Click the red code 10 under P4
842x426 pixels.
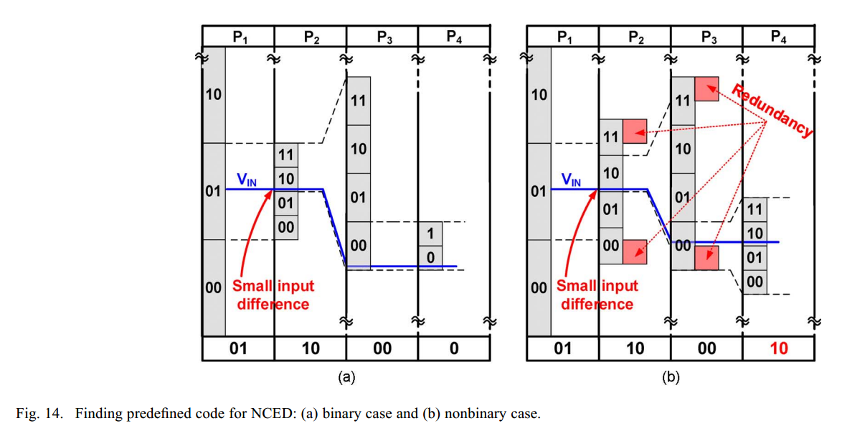tap(778, 348)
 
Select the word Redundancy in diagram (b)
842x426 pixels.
tap(774, 109)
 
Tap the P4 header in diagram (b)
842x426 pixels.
tap(778, 37)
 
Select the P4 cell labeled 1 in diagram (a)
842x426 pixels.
tap(430, 233)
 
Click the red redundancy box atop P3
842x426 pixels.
tap(707, 88)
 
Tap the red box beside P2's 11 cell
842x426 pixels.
tap(635, 131)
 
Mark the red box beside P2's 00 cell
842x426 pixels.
tap(635, 251)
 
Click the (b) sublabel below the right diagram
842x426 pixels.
tap(670, 376)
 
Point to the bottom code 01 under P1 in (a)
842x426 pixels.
tap(238, 348)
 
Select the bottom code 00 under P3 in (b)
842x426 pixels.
tap(706, 348)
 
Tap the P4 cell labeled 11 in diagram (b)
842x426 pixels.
tap(755, 209)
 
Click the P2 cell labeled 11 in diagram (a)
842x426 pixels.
tap(286, 154)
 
